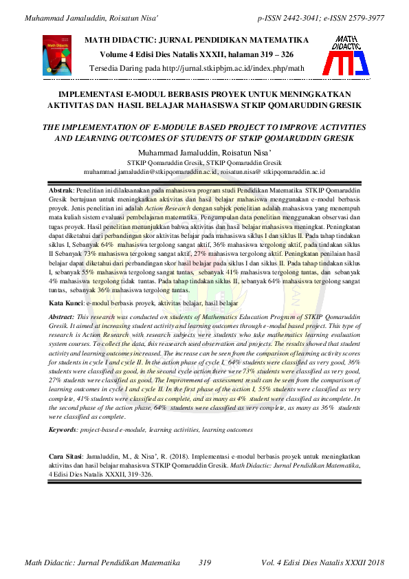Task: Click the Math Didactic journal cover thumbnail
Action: pyautogui.click(x=56, y=54)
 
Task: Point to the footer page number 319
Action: pyautogui.click(x=204, y=562)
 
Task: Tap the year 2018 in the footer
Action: pyautogui.click(x=373, y=562)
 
